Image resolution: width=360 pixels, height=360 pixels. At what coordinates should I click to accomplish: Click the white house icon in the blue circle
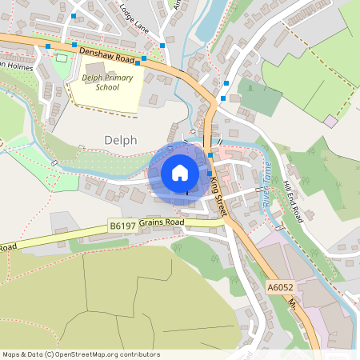coord(180,172)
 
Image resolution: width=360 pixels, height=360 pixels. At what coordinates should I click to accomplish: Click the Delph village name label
coord(121,140)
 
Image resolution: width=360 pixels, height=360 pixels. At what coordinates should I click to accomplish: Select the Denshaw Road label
coord(106,54)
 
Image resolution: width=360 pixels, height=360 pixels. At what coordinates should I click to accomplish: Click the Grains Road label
coord(162,222)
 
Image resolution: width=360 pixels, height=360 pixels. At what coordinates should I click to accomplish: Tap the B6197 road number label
coord(122,228)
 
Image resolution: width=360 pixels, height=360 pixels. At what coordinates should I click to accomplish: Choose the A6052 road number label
coord(279,285)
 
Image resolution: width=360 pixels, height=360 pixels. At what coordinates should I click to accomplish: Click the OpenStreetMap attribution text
coord(81,354)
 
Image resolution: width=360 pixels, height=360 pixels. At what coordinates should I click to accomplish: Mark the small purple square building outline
coord(330,120)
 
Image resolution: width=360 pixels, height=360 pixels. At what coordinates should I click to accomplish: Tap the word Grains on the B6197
coord(150,222)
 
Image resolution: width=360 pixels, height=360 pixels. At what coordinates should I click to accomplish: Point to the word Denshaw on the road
coord(97,52)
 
